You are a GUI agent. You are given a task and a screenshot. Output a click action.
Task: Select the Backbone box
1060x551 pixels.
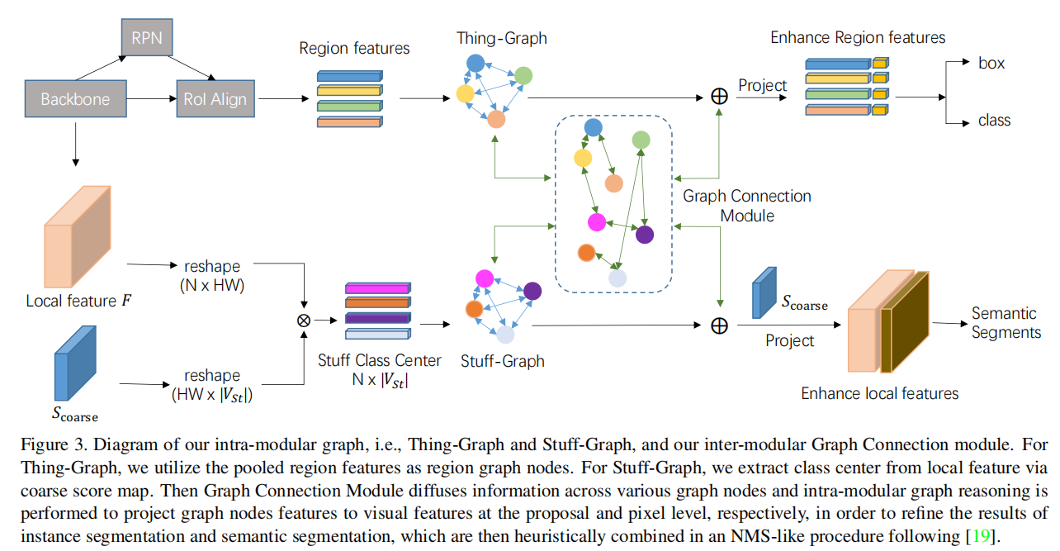(x=75, y=100)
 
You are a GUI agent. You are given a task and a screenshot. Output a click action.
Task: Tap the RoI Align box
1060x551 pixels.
(x=215, y=100)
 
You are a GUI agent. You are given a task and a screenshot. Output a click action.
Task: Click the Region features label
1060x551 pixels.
(x=354, y=49)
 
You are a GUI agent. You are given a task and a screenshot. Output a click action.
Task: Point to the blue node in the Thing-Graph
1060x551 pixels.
(x=475, y=63)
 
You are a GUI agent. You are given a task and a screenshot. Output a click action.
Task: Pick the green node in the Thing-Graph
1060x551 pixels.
(x=523, y=76)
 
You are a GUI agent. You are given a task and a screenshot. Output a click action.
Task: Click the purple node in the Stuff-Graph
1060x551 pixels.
(x=532, y=291)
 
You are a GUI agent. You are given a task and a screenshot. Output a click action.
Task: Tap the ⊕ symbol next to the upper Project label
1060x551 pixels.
(x=719, y=97)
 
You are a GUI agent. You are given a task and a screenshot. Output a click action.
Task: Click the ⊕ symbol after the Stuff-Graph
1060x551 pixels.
(x=719, y=325)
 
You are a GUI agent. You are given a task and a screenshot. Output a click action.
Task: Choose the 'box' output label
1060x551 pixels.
(x=991, y=63)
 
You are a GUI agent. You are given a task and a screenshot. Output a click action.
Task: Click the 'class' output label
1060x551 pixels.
(x=994, y=121)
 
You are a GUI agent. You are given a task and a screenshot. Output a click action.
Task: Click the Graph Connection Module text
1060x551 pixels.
(x=747, y=206)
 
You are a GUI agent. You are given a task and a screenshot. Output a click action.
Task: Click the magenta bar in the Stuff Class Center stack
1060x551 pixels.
(x=376, y=288)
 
